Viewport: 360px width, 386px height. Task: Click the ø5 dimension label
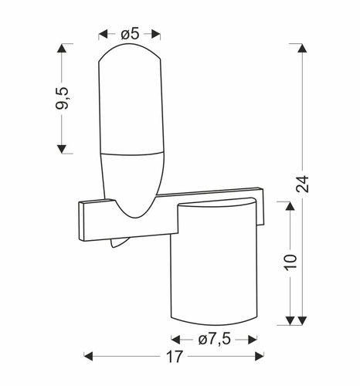[x=130, y=33]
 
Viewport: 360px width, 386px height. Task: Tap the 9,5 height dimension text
[x=63, y=98]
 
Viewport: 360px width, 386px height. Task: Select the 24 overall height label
[x=302, y=184]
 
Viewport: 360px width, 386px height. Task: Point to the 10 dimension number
[x=290, y=262]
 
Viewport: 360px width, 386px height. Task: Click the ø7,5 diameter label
[x=215, y=340]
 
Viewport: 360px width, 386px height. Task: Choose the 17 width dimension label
[x=175, y=357]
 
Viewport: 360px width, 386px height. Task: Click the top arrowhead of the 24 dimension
[x=302, y=48]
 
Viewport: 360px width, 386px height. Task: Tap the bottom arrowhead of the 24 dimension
[x=302, y=320]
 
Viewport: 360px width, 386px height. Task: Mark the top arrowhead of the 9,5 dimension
[x=62, y=48]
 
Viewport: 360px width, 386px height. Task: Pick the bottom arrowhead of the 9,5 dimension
[x=62, y=149]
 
